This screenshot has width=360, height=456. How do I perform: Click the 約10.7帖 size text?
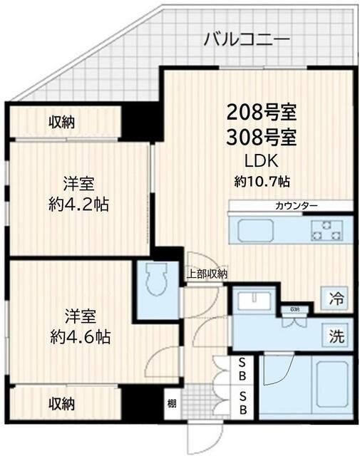point(262,181)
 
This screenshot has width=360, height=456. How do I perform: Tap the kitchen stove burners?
point(326,230)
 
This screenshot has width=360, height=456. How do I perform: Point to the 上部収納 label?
point(207,274)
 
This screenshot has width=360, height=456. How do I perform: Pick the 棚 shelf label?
point(173,403)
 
